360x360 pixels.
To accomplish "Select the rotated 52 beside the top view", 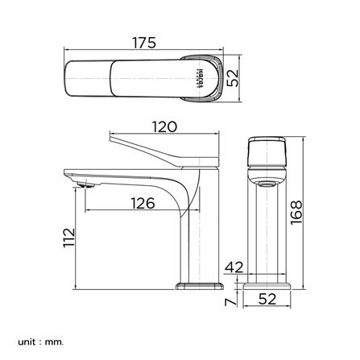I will click(234, 78).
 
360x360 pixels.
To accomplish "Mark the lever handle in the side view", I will click(161, 149).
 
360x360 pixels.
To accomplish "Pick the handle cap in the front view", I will click(267, 151).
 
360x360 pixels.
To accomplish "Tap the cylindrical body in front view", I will click(267, 234).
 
